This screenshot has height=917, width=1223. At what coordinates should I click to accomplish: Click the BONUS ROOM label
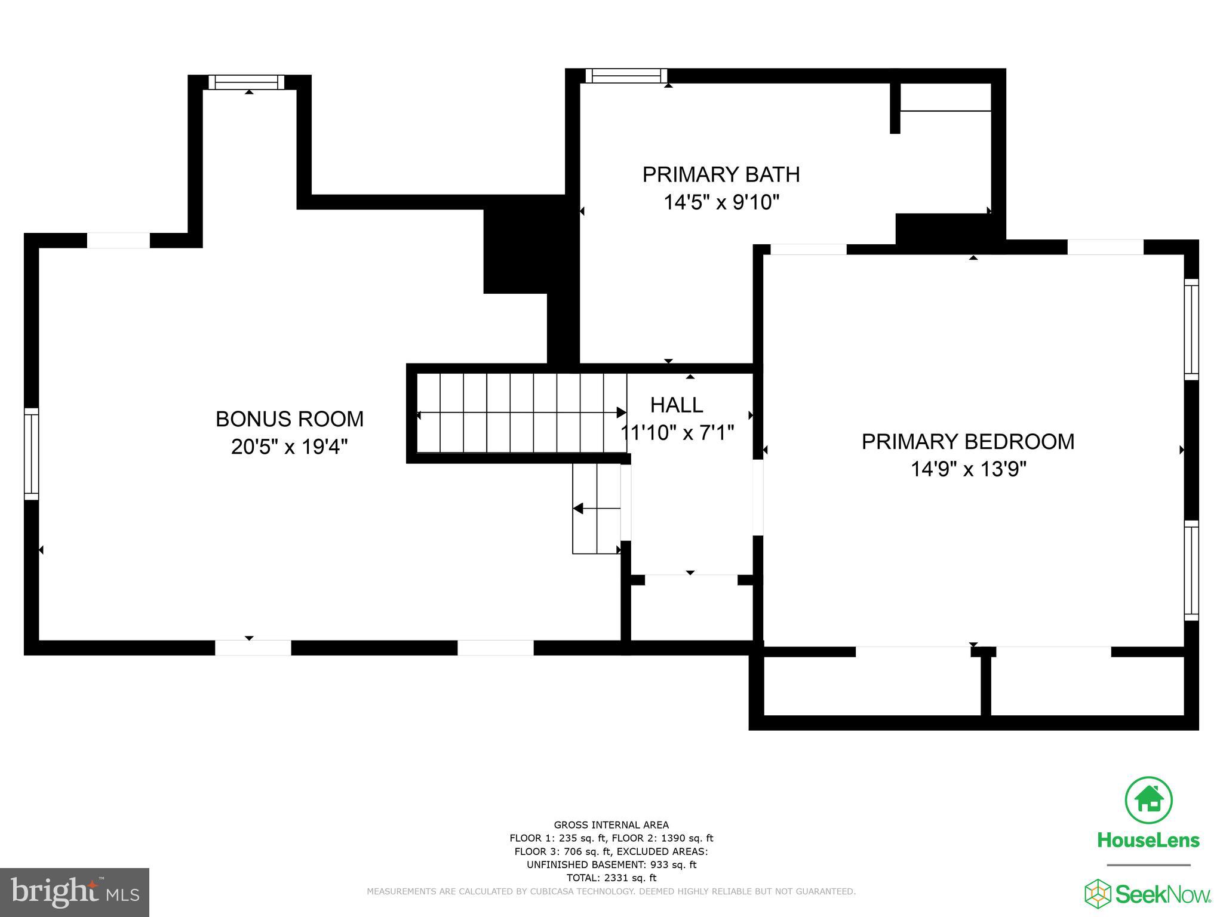[289, 419]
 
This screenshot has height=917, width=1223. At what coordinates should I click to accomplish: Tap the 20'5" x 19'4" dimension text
[289, 447]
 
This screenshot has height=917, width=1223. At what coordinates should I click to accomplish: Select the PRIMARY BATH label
[721, 175]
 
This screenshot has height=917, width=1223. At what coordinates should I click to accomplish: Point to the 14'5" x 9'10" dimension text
[721, 203]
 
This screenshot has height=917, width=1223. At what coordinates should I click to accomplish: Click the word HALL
[676, 405]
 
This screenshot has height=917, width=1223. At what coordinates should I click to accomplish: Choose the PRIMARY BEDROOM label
[967, 442]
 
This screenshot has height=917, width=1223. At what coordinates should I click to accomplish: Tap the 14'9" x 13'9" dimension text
[967, 469]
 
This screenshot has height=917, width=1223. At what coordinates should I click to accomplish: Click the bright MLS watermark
[74, 893]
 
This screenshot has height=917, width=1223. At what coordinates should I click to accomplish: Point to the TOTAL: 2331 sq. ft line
[611, 878]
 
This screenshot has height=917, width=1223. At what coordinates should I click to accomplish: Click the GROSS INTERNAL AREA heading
[611, 825]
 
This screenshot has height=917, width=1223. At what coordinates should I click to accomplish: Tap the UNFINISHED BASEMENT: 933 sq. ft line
[611, 864]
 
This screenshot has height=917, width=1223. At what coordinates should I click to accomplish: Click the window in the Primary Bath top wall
[626, 76]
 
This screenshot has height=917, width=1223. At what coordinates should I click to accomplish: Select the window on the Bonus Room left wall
[31, 454]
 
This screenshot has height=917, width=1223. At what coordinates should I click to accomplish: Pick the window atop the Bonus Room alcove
[246, 82]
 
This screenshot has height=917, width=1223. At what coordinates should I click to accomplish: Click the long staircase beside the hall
[520, 413]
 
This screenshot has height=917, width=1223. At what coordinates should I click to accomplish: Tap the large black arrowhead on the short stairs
[577, 509]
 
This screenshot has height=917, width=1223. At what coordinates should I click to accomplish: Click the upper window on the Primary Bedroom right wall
[1191, 329]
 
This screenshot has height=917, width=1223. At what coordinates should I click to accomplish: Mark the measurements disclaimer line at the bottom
[611, 891]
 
